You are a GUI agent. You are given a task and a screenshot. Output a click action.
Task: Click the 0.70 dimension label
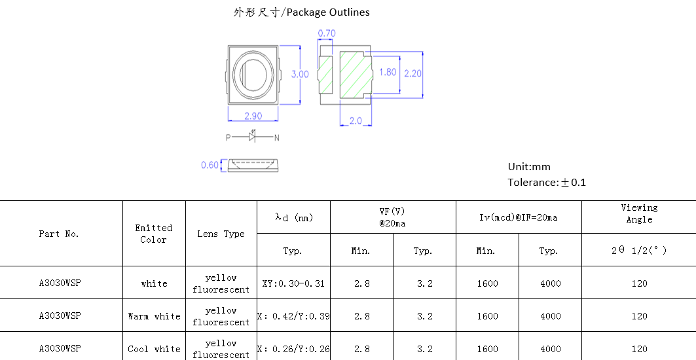(327, 33)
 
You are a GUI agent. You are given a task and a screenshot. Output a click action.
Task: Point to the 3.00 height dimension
(300, 74)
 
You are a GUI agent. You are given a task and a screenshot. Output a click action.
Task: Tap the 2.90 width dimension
(253, 116)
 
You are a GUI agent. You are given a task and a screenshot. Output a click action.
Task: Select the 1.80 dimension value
(388, 72)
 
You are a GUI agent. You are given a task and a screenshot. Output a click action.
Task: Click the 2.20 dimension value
(412, 73)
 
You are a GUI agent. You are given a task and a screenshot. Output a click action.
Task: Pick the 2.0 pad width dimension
(356, 120)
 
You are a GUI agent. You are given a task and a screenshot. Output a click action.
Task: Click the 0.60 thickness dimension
(210, 165)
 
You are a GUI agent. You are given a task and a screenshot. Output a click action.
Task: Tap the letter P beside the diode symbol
(228, 137)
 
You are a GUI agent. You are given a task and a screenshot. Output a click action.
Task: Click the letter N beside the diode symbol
(276, 138)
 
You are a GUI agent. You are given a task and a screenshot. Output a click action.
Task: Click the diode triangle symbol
(252, 137)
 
